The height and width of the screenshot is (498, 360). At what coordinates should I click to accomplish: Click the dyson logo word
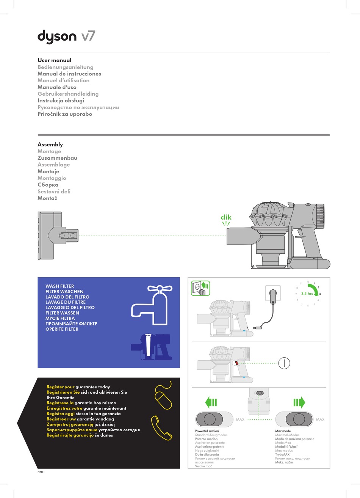coord(57,37)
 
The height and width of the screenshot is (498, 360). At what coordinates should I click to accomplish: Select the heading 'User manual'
coord(54,60)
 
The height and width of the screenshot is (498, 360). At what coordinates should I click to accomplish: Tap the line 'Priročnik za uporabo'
coord(65,114)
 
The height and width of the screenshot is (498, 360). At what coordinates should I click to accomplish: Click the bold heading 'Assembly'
coord(50,145)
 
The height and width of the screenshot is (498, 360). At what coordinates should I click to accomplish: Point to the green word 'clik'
coord(226,217)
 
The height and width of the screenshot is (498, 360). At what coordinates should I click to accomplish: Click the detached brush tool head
coord(57,235)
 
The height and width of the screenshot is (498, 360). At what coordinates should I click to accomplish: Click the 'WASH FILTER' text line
coord(59,286)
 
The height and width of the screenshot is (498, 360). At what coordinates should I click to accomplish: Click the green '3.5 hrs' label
coord(307,294)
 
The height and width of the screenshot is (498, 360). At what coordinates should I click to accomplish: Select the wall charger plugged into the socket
coord(273,296)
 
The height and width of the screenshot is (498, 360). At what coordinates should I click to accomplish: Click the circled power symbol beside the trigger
coord(284,363)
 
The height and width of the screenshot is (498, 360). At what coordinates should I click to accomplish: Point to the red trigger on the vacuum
coord(237,363)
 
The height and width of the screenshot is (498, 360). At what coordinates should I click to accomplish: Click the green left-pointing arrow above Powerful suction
coord(211,402)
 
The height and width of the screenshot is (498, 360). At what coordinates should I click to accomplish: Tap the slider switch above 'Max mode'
coord(294,419)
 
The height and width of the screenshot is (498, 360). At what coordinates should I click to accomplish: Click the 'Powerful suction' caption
coord(207,431)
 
